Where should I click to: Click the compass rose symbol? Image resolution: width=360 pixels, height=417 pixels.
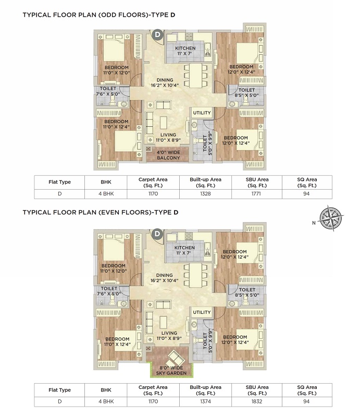point(331,218)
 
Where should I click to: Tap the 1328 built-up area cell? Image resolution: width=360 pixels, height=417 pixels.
point(205,194)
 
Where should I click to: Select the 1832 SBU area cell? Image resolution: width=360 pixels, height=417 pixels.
point(257,401)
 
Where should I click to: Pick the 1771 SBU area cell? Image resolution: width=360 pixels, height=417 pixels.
point(256,194)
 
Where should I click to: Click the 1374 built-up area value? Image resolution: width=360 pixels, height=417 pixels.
point(205,401)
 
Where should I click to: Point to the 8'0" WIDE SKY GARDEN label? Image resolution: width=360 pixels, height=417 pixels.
point(171,371)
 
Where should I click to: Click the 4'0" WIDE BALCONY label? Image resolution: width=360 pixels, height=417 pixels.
point(168,155)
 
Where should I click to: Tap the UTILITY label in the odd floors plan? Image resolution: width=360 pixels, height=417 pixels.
point(202,113)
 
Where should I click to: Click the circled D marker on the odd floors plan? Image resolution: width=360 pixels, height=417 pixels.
point(158,34)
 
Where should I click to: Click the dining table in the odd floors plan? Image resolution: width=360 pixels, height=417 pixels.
point(196,75)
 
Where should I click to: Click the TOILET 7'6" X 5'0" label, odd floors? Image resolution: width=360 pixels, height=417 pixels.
point(108,91)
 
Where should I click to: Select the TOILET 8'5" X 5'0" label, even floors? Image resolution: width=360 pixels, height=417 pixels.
point(247,292)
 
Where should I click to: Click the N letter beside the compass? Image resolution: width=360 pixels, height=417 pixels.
point(314,223)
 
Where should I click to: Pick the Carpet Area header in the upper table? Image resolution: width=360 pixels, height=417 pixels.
point(153,182)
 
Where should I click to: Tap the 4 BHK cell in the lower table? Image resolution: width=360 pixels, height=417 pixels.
point(106,401)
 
